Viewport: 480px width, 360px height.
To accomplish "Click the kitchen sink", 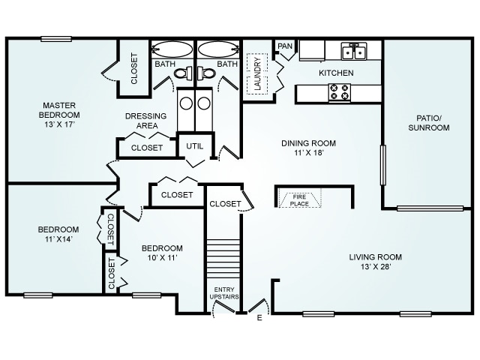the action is (354, 51).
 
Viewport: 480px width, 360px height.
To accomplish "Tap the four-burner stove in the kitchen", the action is (340, 91).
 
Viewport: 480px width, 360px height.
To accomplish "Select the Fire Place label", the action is (299, 200).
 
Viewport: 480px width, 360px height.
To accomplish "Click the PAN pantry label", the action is (285, 46).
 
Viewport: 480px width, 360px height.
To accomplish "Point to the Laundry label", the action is (258, 73).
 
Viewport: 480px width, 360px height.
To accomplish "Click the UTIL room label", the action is (195, 146).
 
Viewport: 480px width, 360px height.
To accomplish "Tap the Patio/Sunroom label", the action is (428, 123).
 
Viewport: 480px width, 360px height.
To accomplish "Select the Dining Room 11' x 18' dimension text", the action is (309, 153).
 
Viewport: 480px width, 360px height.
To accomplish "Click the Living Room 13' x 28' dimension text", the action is (376, 267).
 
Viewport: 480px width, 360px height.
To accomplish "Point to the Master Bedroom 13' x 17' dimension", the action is (59, 124).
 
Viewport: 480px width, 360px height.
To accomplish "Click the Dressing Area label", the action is (146, 121).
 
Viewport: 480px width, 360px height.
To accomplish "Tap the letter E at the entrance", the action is (259, 318).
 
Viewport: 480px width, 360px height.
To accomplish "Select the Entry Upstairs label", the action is (224, 293).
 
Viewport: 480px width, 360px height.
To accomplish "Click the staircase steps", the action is (223, 258).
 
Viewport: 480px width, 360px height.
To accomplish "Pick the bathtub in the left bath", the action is (172, 49).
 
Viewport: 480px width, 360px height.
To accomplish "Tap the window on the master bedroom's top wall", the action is (56, 39).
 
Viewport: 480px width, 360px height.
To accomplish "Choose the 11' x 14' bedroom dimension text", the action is (58, 239).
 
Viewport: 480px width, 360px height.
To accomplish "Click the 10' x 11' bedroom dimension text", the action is (162, 258).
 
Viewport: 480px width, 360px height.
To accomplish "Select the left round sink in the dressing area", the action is (186, 103).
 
